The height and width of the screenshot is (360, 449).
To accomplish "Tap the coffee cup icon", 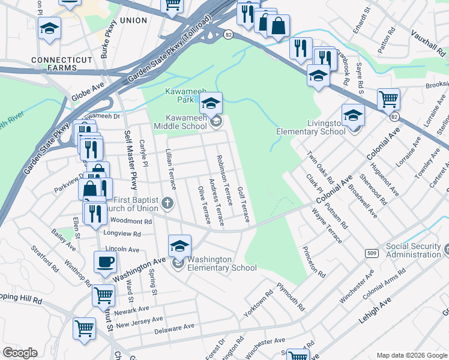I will coord(106,262).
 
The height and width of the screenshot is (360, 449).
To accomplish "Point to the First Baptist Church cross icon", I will coord(167,204).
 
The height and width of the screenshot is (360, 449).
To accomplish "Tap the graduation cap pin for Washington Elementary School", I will coord(179,245).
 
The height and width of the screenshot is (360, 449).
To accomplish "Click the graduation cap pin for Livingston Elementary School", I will coord(353,115).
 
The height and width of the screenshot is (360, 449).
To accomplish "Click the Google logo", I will coord(20,353).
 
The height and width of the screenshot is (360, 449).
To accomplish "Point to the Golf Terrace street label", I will coord(243,204).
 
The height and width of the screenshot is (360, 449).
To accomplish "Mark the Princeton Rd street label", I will coord(313,262).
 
